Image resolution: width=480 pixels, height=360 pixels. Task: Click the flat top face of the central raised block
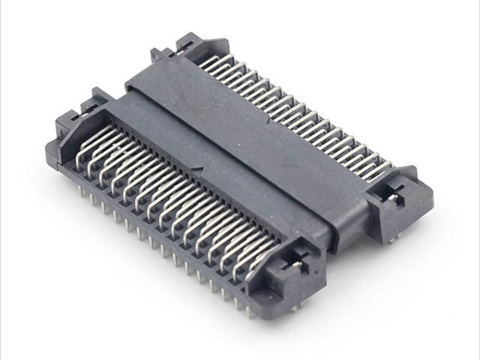coord(247,135)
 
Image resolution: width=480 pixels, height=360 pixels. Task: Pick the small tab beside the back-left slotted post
coord(156,54)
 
